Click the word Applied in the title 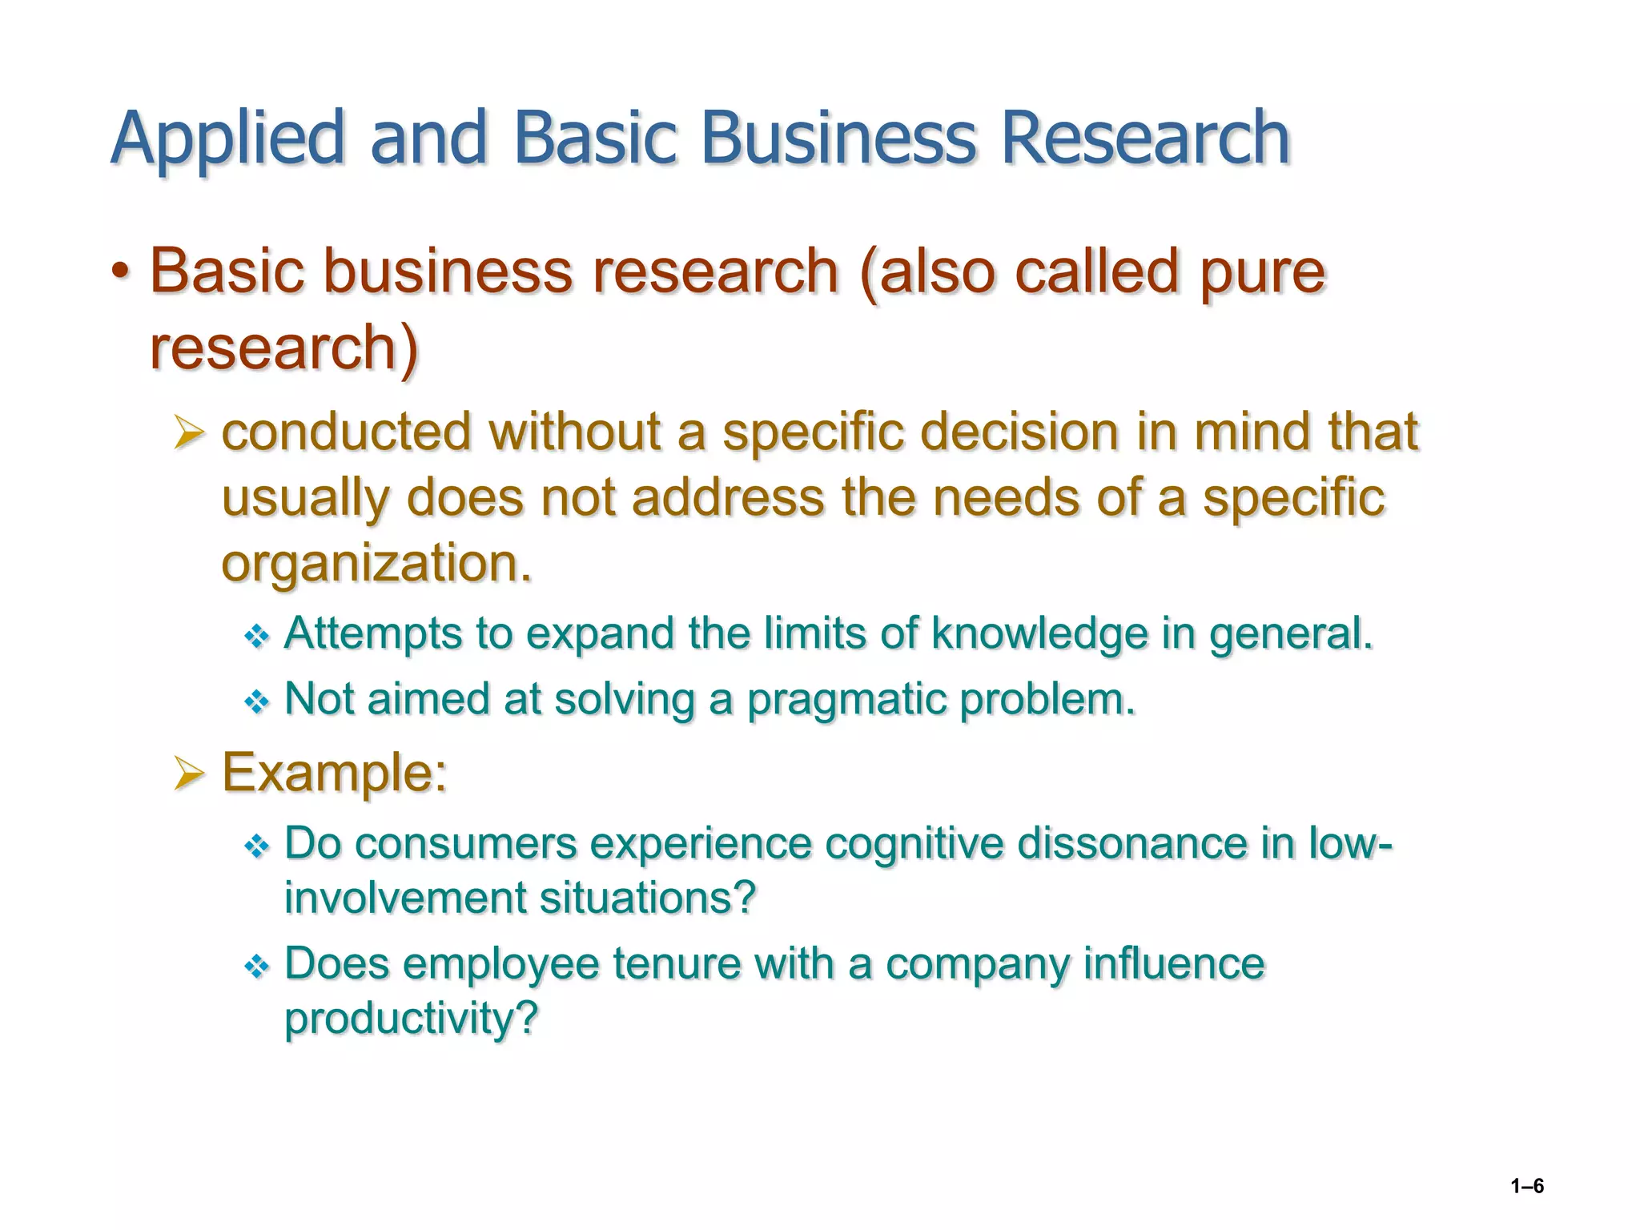point(227,138)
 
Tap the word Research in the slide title point(1145,138)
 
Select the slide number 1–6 point(1527,1186)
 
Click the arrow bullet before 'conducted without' point(190,434)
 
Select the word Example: point(334,773)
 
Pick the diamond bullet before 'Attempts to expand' point(256,637)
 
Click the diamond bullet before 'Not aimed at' point(256,702)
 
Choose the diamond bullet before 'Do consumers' point(256,846)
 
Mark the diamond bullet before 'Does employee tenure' point(256,967)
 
